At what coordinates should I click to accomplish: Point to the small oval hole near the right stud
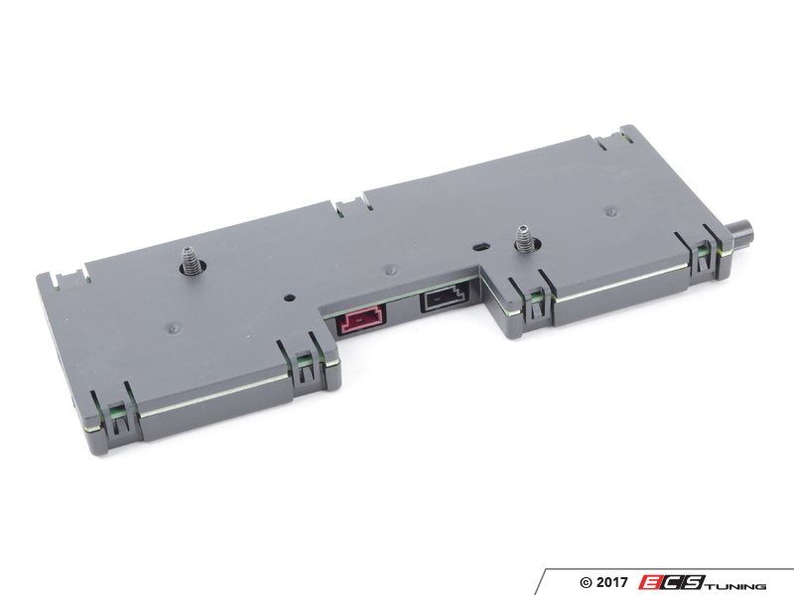[x=480, y=247]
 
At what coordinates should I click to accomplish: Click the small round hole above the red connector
[x=289, y=298]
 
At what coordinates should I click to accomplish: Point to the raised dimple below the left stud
[x=174, y=328]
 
